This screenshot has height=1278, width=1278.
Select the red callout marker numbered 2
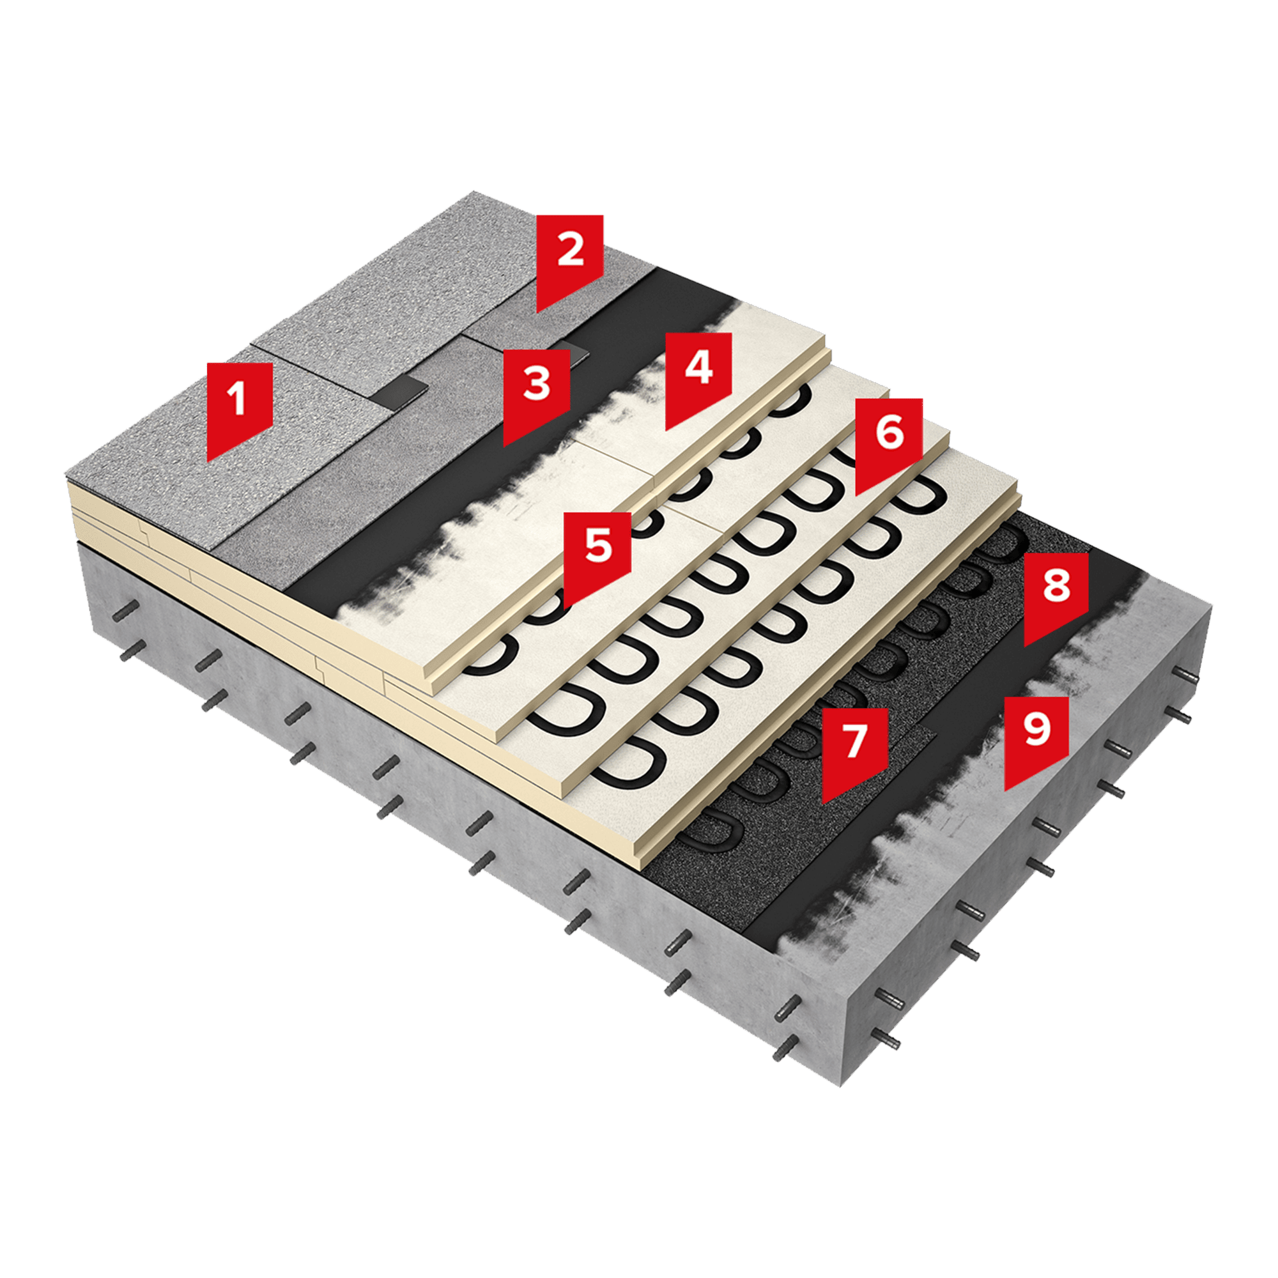tap(569, 258)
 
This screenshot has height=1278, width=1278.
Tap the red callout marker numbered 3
tap(537, 392)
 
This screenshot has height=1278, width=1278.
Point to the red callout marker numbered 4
tap(698, 376)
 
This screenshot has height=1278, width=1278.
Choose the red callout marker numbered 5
tap(598, 553)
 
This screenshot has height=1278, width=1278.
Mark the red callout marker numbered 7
tap(854, 750)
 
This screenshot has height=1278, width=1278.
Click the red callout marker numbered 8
tap(1056, 594)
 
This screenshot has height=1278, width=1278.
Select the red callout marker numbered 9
tap(1036, 737)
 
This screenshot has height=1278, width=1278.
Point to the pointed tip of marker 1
tap(208, 461)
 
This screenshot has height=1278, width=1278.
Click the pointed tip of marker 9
tap(1005, 790)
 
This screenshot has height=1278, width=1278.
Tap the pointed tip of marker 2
tap(538, 312)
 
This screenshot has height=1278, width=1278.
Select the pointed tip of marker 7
tap(823, 804)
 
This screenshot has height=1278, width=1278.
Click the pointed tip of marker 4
tap(666, 429)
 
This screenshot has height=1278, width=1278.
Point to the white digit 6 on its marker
tap(889, 433)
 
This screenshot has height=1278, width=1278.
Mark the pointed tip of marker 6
tap(857, 495)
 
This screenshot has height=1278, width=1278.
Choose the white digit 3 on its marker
tap(537, 383)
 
